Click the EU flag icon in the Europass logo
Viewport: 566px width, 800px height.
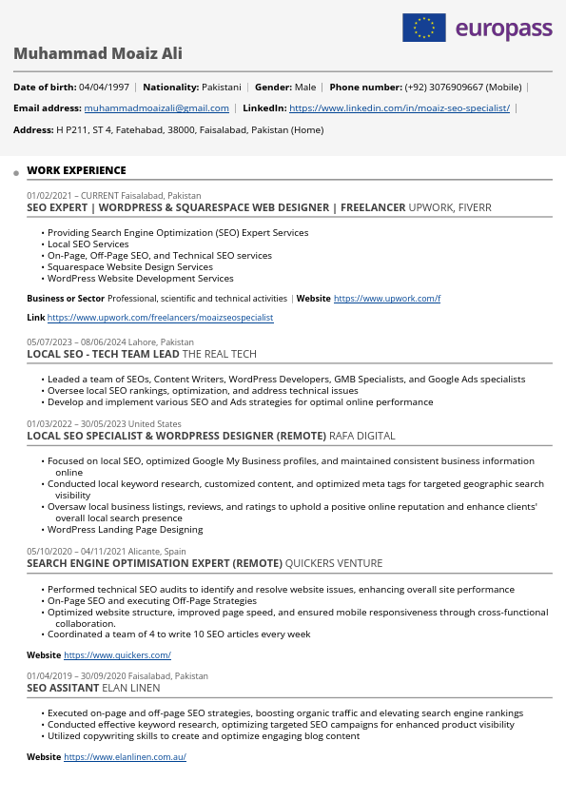(x=424, y=28)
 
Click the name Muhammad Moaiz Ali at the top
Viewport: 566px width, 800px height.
(x=98, y=53)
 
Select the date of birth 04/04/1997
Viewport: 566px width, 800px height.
(x=104, y=87)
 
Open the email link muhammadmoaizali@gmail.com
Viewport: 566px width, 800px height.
(x=156, y=108)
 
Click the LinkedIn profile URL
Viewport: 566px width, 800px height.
(x=399, y=108)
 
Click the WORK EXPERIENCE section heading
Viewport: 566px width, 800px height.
(x=76, y=170)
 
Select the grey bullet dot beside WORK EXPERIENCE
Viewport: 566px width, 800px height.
(x=16, y=173)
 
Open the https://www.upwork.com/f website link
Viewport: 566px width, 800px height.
(x=387, y=298)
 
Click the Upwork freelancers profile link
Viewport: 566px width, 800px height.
(x=160, y=317)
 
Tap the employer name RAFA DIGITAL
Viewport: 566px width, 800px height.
(x=361, y=436)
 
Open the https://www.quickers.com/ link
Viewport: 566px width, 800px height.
(x=117, y=654)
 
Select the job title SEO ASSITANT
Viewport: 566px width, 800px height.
(x=63, y=688)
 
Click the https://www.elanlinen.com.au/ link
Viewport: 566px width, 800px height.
(x=125, y=756)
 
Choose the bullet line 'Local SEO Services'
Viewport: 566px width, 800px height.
(x=88, y=244)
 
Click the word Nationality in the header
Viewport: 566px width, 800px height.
(x=170, y=87)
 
